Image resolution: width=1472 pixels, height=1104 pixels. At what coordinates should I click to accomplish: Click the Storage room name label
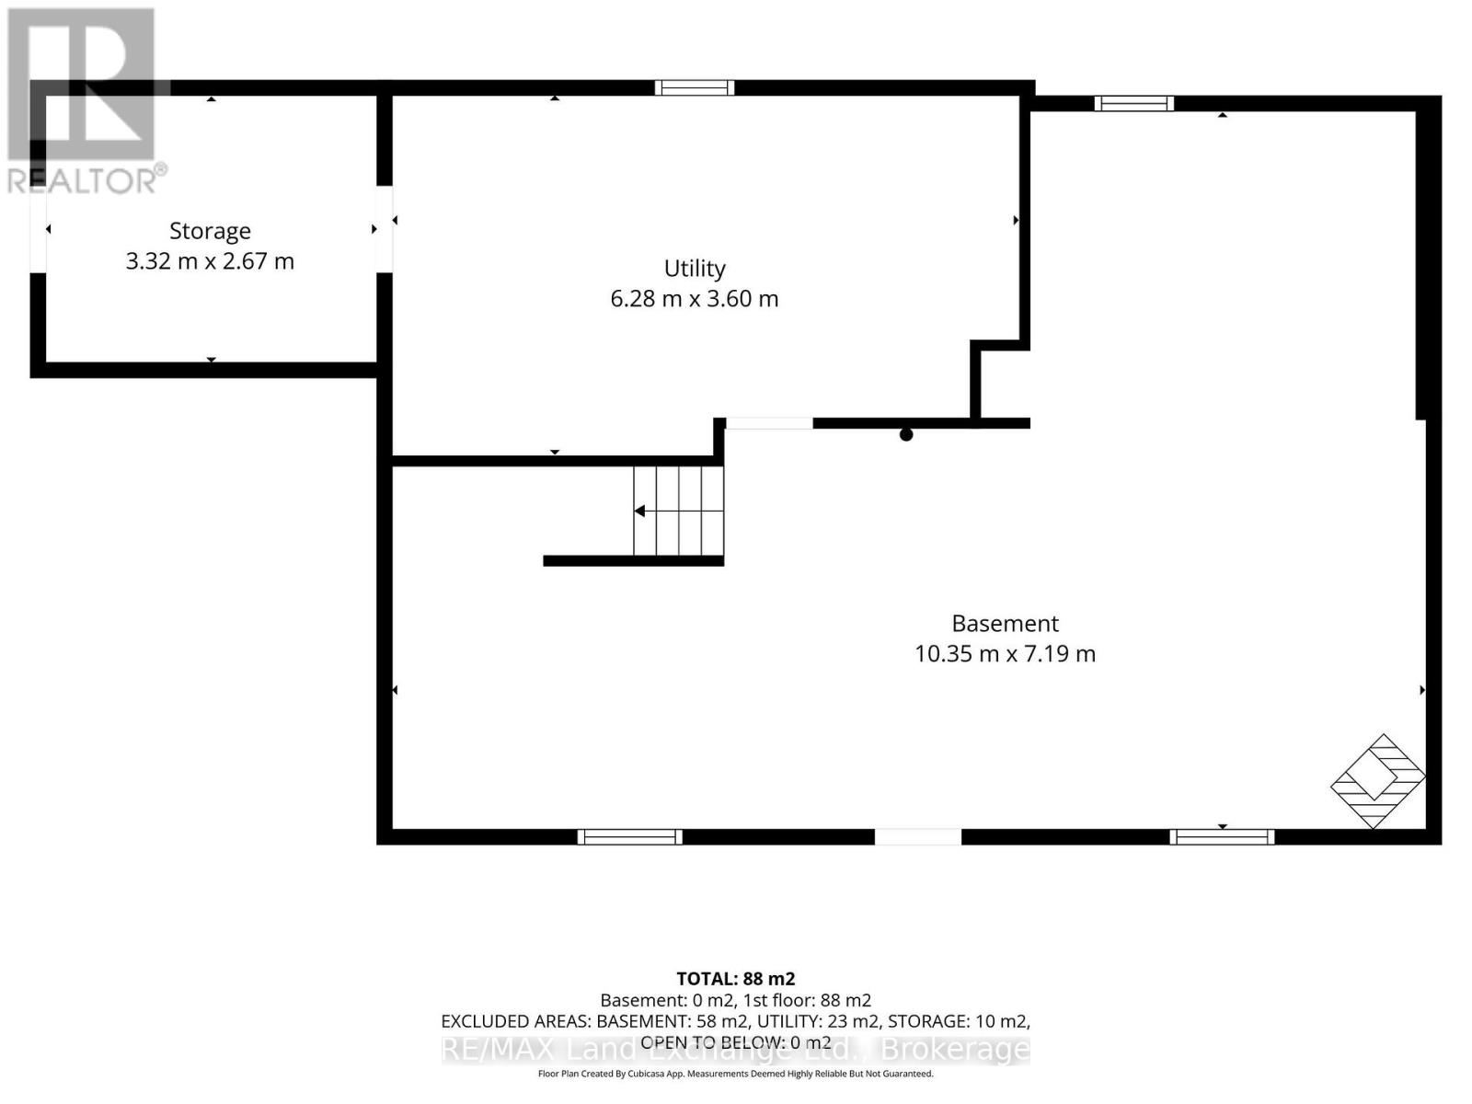point(210,231)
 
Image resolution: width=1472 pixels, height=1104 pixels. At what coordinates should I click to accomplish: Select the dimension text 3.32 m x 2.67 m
point(210,260)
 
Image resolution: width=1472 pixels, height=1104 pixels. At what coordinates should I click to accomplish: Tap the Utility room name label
point(694,269)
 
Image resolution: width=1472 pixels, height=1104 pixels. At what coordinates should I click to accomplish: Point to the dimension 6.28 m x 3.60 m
point(694,298)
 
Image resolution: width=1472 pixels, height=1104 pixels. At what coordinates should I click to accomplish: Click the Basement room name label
point(1005,624)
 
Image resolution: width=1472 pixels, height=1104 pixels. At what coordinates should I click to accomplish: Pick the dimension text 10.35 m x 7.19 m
point(1005,653)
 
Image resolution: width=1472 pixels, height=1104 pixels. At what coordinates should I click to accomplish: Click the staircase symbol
point(678,511)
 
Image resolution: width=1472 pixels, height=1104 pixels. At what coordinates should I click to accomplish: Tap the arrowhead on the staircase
point(639,512)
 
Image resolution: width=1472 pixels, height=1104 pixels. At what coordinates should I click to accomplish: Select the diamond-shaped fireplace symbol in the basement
point(1377,781)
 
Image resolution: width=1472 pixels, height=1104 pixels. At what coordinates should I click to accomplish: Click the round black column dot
point(906,435)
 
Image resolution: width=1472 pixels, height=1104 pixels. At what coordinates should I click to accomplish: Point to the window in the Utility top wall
point(694,87)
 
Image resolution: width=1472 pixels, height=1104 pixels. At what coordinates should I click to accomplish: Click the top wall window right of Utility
point(1134,103)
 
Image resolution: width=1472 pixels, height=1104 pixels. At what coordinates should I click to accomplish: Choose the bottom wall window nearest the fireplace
point(1222,836)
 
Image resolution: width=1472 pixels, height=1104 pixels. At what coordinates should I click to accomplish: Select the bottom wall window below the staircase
point(629,836)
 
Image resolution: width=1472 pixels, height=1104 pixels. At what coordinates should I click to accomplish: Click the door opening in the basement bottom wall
point(918,836)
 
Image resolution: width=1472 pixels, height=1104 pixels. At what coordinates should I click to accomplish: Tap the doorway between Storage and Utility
point(385,229)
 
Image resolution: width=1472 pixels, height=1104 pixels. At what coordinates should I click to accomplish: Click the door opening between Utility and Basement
point(769,423)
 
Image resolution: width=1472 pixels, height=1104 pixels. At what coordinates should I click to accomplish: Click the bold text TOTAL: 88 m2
point(736,979)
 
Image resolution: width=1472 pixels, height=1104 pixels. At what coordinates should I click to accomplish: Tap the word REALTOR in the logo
point(83,181)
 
